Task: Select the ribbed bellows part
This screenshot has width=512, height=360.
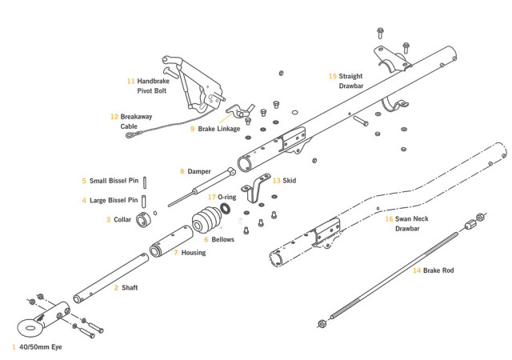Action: [x=208, y=221]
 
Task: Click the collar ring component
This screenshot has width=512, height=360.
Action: [x=145, y=219]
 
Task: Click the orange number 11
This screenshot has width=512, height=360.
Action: [x=130, y=81]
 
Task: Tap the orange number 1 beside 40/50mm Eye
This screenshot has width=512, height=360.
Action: [x=14, y=347]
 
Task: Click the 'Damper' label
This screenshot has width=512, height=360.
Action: [x=198, y=171]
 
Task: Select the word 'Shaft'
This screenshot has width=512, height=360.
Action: [x=130, y=286]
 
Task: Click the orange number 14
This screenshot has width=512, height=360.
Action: [x=417, y=270]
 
